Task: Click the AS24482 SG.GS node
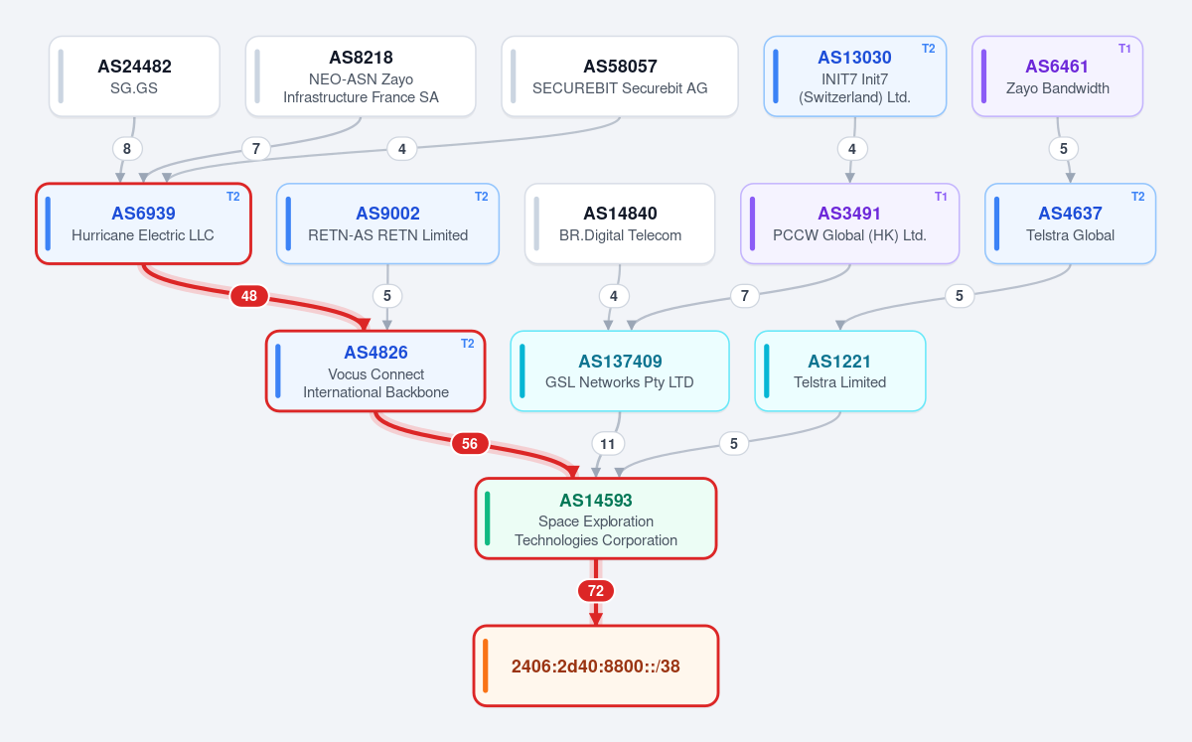coord(134,76)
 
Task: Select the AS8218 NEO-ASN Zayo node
coord(361,76)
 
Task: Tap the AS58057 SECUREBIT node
coord(620,76)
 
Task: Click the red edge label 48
coord(249,296)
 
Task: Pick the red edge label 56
coord(469,443)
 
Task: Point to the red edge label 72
coord(596,591)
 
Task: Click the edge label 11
coord(608,443)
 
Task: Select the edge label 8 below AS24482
coord(127,149)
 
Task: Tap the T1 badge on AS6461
coord(1124,49)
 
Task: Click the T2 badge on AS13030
coord(928,49)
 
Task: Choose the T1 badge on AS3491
coord(941,197)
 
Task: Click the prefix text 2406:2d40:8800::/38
coord(595,667)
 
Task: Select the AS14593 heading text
coord(596,501)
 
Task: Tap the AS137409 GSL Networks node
coord(620,371)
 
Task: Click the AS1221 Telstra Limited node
coord(840,371)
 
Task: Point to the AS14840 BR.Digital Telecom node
coord(620,223)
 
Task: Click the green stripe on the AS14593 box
coord(488,519)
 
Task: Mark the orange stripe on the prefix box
coord(486,666)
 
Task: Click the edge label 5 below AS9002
coord(387,296)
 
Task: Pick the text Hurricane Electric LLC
coord(143,235)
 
